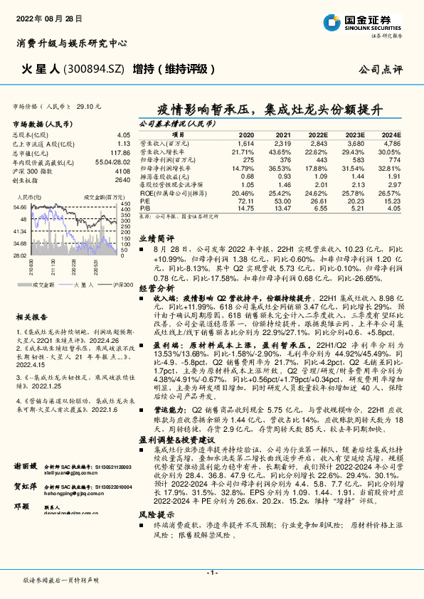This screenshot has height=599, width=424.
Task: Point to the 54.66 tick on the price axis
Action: coord(19,207)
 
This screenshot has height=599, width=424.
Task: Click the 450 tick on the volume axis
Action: coord(125,204)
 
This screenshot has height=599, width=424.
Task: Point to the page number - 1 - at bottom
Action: coord(211,572)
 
